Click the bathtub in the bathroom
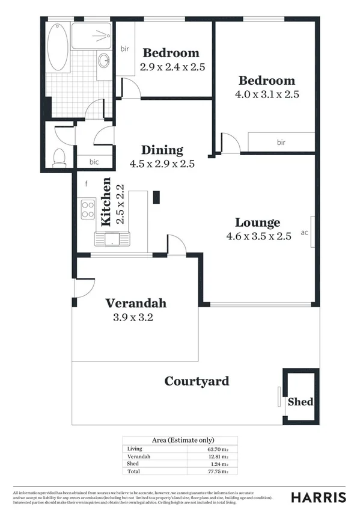pos(58,47)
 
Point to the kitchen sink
pos(112,239)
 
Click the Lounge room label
pos(257,223)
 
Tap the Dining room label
pos(162,150)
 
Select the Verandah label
pos(136,303)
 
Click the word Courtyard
pos(197,381)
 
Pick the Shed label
pos(301,401)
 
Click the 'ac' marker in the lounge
pos(304,232)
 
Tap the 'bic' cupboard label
pos(94,162)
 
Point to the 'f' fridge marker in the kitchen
pos(86,183)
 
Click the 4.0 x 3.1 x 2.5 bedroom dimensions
pos(267,94)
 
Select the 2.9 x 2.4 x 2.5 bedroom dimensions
pos(173,67)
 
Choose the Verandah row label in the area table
pos(136,456)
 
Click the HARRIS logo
pos(318,497)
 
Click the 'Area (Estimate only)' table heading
pos(180,440)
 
